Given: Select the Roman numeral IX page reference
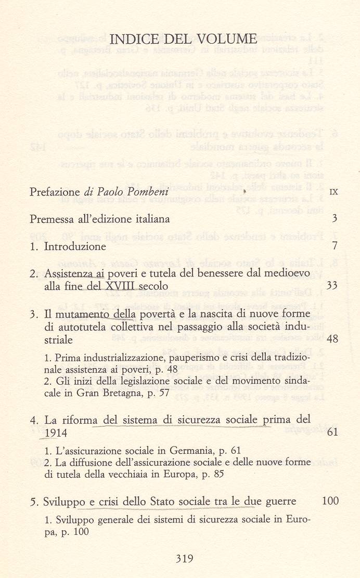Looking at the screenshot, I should coord(333,192).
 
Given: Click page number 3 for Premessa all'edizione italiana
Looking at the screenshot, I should coord(335,219).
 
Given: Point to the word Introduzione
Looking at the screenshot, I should coord(75,246).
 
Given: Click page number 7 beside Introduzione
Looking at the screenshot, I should coord(335,246).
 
